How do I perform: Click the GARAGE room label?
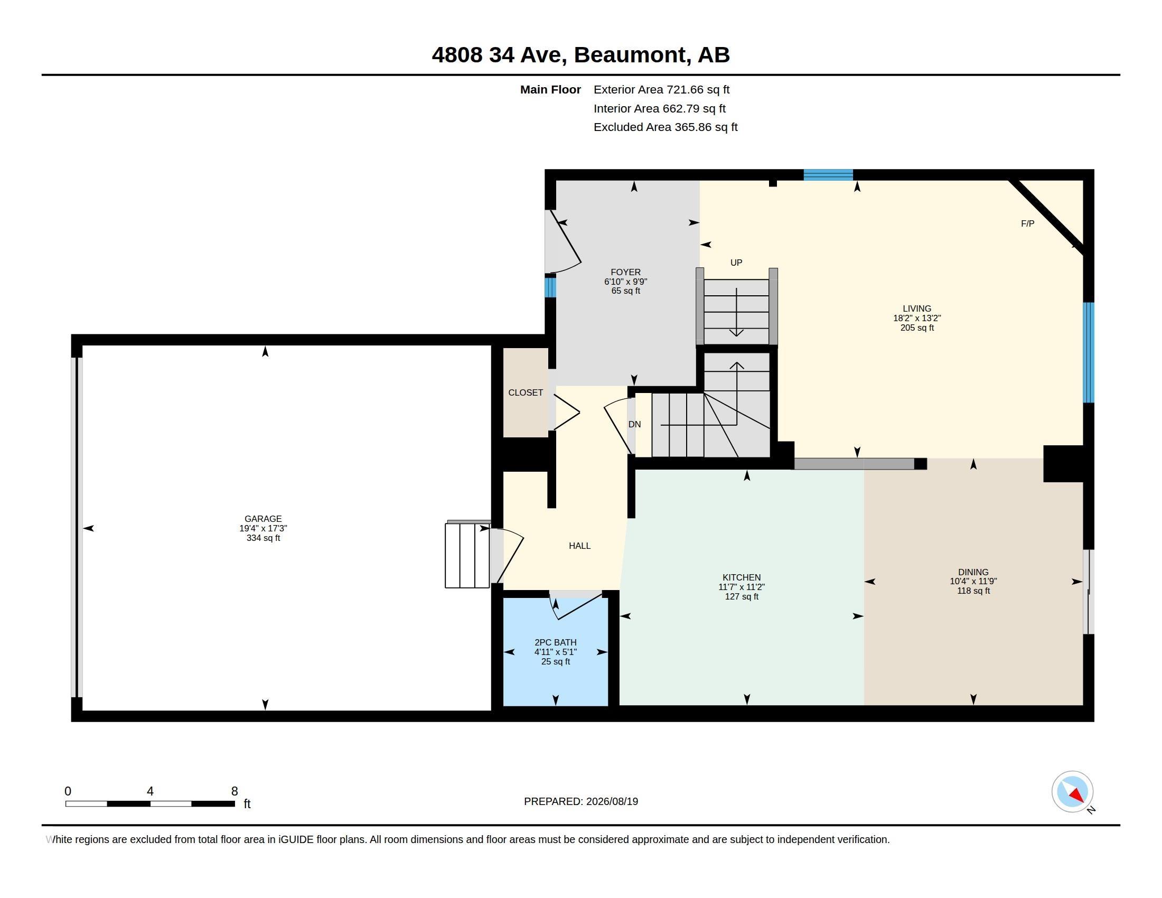263,519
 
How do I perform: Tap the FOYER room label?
626,272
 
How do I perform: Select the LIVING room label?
917,308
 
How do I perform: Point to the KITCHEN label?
741,577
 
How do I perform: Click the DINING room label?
973,573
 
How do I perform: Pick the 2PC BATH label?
556,643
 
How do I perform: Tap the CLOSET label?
526,392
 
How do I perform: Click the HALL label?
579,546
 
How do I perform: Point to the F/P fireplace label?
1027,224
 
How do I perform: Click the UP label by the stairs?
736,263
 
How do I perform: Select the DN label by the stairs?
634,425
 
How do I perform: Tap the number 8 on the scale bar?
234,791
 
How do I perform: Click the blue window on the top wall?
828,175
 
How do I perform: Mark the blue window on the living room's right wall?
1089,352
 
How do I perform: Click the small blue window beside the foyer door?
550,287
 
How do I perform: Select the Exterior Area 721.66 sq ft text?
661,90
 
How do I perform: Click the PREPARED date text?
581,802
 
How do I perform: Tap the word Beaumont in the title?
630,55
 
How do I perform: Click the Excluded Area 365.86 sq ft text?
666,127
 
